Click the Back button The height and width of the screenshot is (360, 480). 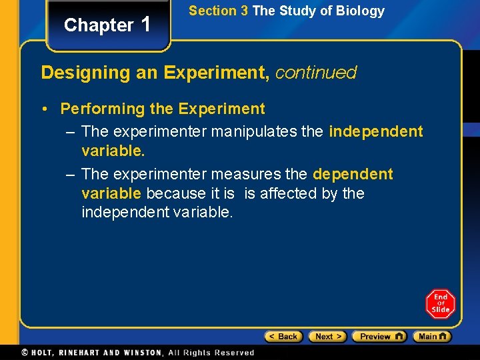click(x=283, y=337)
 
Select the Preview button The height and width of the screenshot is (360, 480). click(x=379, y=337)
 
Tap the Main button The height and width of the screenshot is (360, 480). click(x=431, y=337)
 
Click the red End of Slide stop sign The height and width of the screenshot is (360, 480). click(x=441, y=303)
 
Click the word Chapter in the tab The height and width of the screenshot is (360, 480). click(x=99, y=25)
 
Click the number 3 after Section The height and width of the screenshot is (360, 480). click(x=245, y=11)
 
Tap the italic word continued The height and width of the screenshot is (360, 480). click(x=316, y=72)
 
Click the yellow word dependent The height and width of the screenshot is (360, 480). click(x=353, y=175)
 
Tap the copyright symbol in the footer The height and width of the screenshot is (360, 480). click(x=25, y=353)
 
